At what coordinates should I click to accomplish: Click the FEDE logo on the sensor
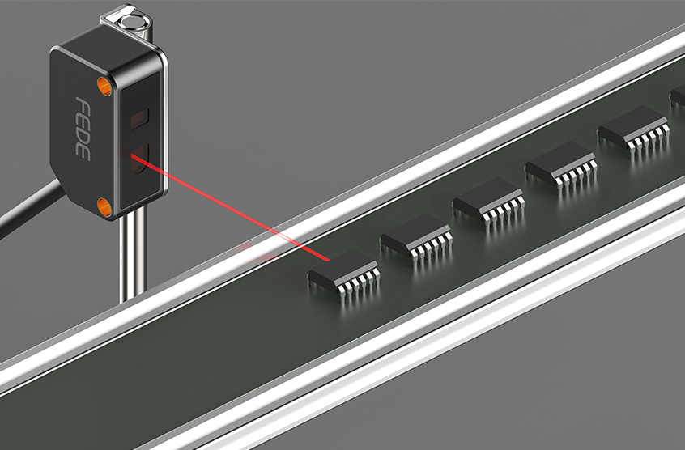point(83,129)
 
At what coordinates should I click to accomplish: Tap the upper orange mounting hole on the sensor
point(104,86)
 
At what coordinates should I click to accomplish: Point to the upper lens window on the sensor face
point(140,118)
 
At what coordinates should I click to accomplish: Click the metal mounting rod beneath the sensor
point(133,253)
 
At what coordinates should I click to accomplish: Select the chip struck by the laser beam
point(344,274)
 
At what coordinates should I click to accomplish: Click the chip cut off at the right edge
point(678,97)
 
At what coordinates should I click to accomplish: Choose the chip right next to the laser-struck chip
point(416,238)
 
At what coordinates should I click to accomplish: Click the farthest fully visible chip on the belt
point(634,130)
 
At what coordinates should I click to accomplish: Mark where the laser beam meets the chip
point(330,261)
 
